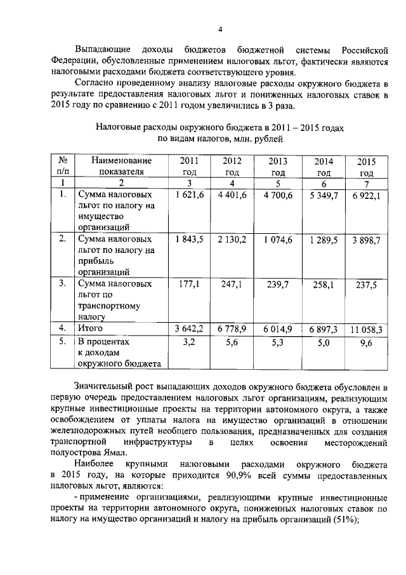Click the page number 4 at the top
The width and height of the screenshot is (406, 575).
219,29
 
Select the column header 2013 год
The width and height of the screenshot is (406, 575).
278,166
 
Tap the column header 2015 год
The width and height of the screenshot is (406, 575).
367,167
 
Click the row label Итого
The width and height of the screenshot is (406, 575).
90,328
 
